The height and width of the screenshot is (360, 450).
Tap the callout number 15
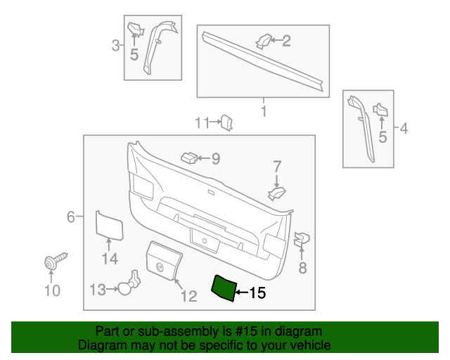coord(257,293)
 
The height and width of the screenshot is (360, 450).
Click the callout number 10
coord(52,290)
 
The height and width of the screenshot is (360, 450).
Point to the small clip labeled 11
coord(227,123)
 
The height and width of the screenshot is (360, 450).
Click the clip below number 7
coord(278,191)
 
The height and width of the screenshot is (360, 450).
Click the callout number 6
coord(71,217)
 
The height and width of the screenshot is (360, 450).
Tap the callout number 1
coord(264,111)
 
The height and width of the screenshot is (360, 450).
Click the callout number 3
coord(115,46)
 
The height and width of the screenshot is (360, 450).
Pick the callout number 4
coord(404,128)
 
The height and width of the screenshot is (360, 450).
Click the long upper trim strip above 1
coord(264,62)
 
